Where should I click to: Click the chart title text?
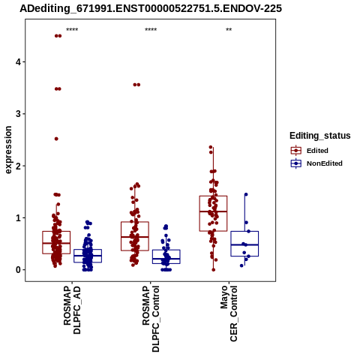pos(151,8)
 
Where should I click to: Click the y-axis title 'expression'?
pos(8,150)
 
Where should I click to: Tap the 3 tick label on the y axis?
pos(18,114)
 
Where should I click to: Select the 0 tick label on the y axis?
pos(18,270)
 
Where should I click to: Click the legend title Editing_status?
pos(320,136)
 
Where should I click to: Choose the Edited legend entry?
pos(317,151)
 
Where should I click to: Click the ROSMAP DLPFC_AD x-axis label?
pos(72,310)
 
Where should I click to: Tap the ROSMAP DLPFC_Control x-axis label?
pos(151,319)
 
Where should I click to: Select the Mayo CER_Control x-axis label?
pos(229,313)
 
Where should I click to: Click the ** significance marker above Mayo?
pos(229,30)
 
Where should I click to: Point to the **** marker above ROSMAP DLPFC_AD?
pos(72,30)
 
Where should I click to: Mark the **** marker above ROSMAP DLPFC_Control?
pos(151,30)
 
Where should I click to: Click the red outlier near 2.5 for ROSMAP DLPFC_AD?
pos(56,139)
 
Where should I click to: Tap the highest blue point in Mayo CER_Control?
pos(246,194)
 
